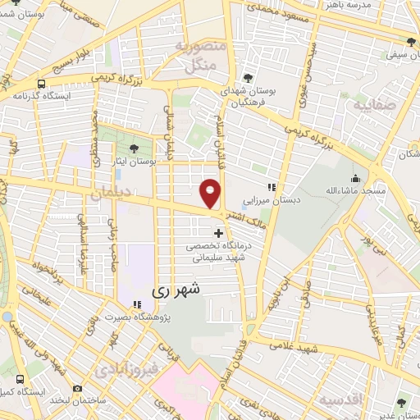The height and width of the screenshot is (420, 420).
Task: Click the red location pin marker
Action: tap(212, 193)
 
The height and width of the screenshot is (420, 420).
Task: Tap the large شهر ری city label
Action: tap(176, 290)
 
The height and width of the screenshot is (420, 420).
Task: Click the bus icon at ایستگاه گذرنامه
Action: tap(40, 84)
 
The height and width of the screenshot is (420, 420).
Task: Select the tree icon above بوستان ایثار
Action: tap(134, 148)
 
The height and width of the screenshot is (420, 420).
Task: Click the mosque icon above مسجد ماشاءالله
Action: tap(354, 180)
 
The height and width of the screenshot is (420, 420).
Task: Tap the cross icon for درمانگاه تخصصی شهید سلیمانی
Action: tap(217, 233)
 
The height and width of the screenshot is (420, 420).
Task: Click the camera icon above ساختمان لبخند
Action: tap(77, 388)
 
